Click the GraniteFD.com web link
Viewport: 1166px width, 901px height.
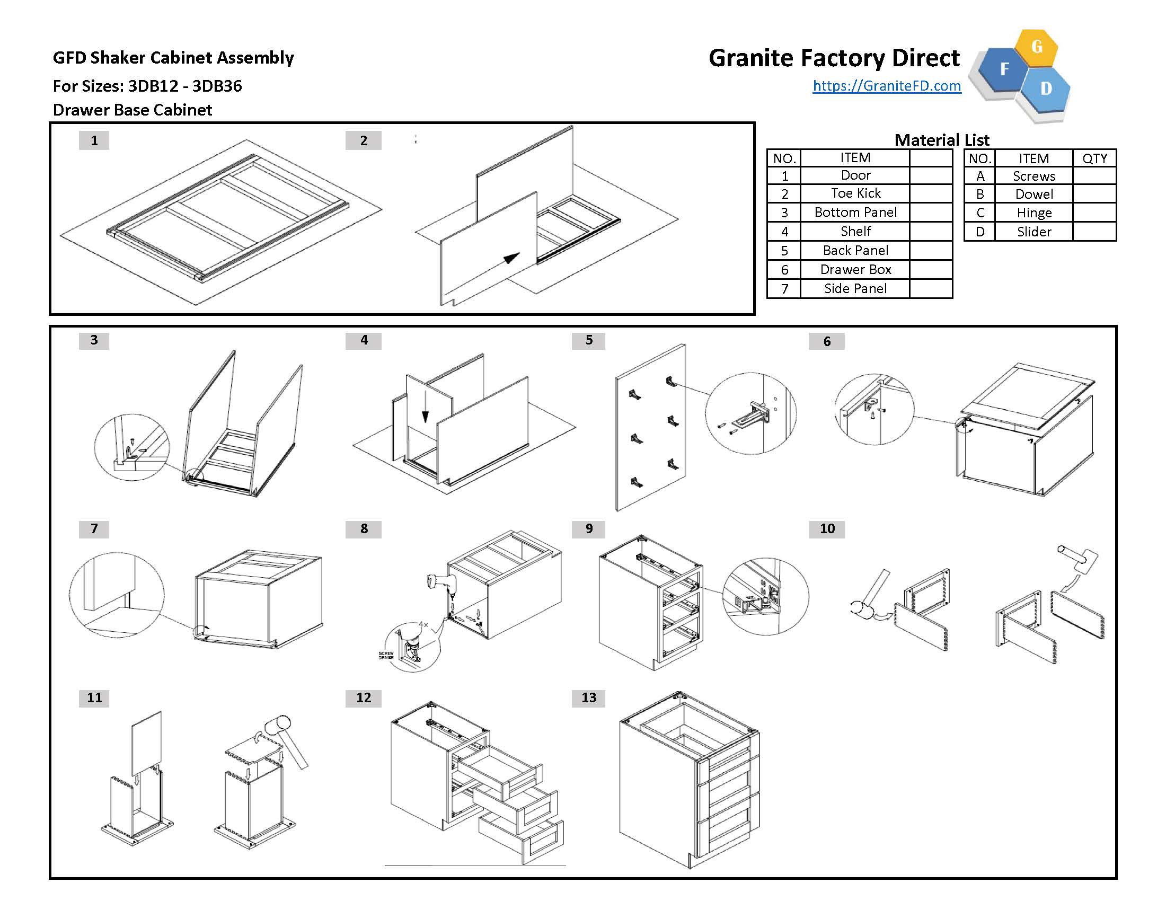point(887,86)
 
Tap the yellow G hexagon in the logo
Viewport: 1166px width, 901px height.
point(1036,47)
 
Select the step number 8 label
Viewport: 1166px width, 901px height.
point(364,528)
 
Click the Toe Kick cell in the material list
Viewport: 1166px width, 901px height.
point(855,193)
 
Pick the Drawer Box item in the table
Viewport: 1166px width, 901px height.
point(855,270)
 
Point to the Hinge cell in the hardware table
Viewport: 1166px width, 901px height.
point(1033,213)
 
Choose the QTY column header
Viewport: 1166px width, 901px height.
point(1094,158)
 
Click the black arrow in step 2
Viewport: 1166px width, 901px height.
point(511,258)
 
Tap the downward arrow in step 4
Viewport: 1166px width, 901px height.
point(425,415)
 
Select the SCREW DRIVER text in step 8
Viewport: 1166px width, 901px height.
point(386,655)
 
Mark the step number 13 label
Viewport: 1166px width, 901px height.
point(588,697)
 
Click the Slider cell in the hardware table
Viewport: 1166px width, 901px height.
point(1033,232)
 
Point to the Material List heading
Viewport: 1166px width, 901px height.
point(941,140)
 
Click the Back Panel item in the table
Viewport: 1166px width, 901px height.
point(855,250)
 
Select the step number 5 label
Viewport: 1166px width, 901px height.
point(588,340)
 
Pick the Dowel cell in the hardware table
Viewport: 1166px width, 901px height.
point(1033,194)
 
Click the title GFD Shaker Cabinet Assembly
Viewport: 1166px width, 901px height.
point(173,58)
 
